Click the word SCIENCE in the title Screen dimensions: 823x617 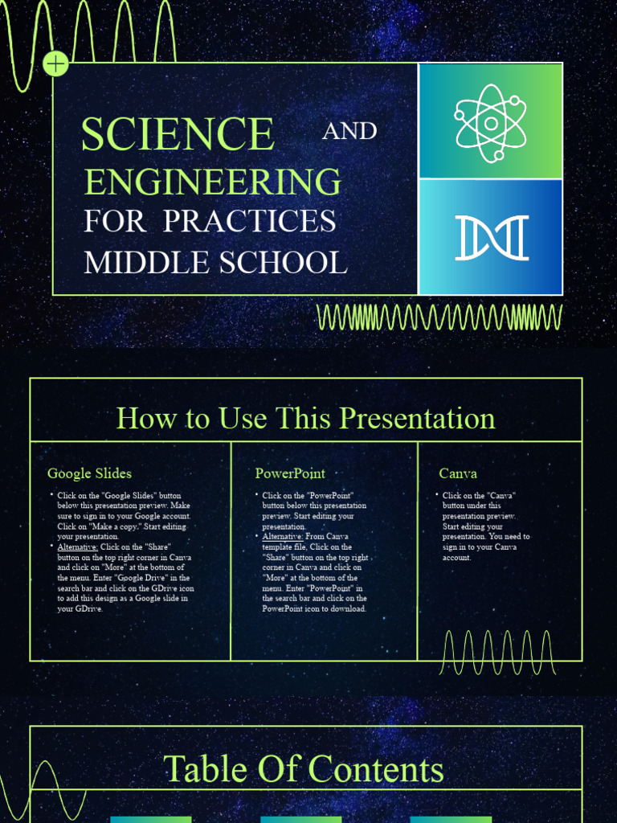[178, 134]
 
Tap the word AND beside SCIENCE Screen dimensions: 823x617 [349, 131]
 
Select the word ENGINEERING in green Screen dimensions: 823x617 [213, 182]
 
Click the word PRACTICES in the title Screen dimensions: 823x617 [249, 222]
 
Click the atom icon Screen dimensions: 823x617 [490, 122]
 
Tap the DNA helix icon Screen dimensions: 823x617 [491, 238]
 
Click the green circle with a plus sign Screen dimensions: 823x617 [56, 63]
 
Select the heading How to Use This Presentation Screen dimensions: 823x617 [306, 418]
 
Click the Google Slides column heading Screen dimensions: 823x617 [89, 473]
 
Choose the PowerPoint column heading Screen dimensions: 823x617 [290, 473]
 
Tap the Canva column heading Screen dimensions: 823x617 [458, 473]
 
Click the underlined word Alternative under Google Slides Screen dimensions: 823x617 [77, 547]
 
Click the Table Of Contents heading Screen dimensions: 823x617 [304, 768]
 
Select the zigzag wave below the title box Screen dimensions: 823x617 [439, 317]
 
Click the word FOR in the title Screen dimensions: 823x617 [116, 222]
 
